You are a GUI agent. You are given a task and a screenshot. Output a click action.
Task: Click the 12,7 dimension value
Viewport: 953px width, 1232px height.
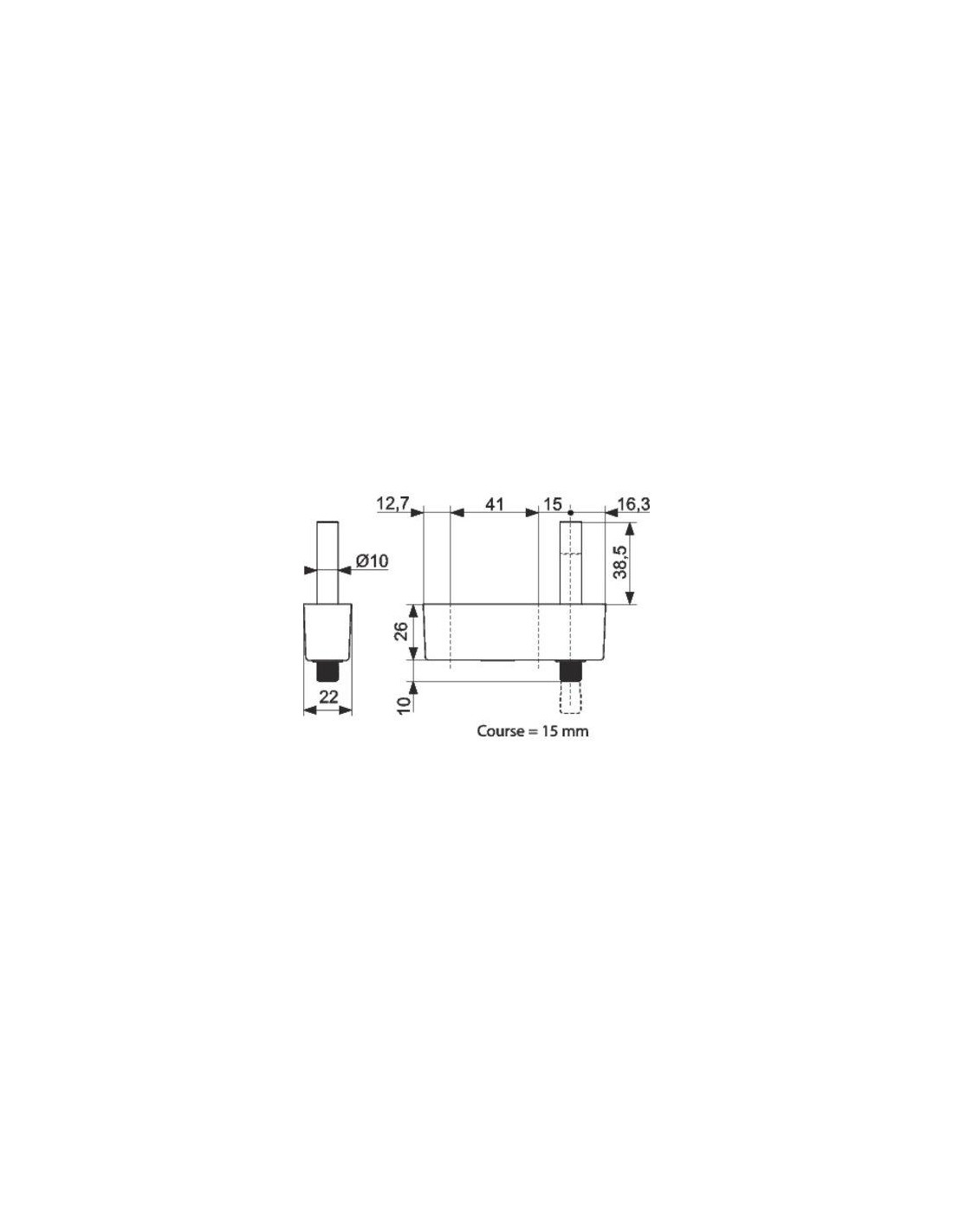pos(392,503)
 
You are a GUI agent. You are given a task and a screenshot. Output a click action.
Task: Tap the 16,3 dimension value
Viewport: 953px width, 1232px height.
pos(633,503)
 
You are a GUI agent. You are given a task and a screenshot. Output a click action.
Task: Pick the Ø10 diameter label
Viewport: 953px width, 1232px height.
pos(372,561)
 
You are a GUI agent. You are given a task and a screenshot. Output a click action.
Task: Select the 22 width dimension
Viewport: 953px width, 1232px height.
pos(328,697)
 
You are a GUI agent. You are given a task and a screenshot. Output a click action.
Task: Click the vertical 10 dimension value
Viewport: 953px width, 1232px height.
pos(404,704)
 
